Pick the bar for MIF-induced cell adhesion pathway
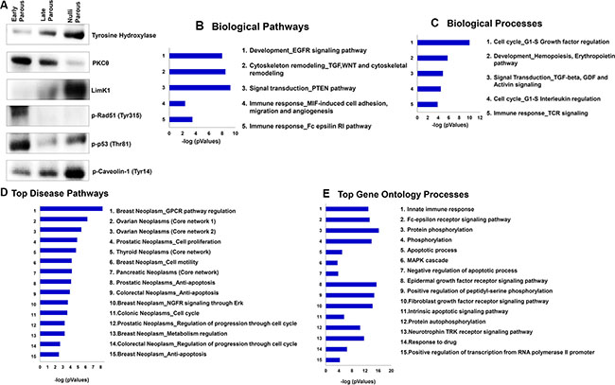[x=178, y=103]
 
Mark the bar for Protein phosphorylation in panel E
[x=350, y=230]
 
